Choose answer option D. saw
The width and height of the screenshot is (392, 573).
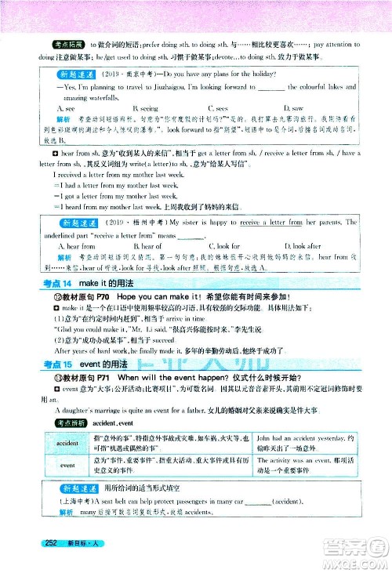[292, 107]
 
